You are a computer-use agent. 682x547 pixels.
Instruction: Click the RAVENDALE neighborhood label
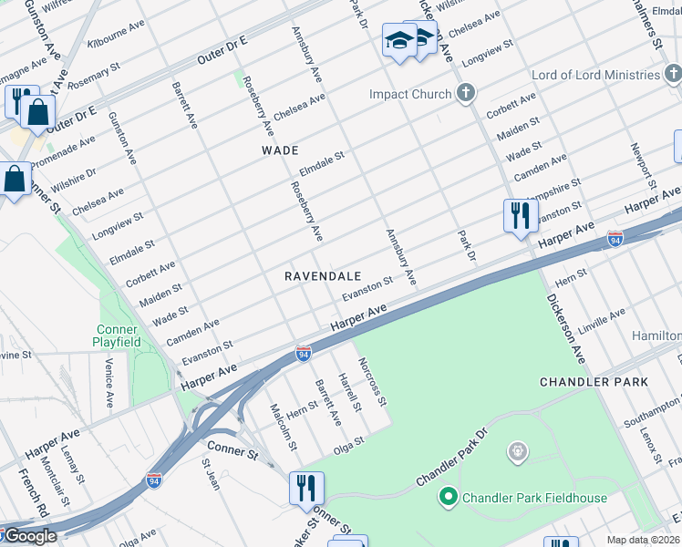click(x=323, y=275)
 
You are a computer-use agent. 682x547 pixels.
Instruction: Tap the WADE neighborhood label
click(x=280, y=150)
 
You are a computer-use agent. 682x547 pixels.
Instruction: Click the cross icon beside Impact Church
click(x=466, y=93)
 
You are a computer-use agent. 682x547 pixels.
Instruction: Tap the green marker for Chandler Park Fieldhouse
click(x=448, y=497)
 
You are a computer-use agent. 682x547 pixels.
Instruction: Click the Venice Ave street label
click(x=108, y=383)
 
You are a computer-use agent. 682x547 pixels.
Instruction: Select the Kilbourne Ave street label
click(x=116, y=35)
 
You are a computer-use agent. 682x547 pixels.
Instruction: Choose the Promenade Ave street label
click(x=63, y=154)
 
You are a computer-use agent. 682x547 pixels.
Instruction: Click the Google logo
click(x=30, y=536)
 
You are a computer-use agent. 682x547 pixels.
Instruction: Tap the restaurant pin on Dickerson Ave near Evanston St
click(x=520, y=216)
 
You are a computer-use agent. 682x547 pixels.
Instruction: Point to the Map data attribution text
click(x=644, y=540)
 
